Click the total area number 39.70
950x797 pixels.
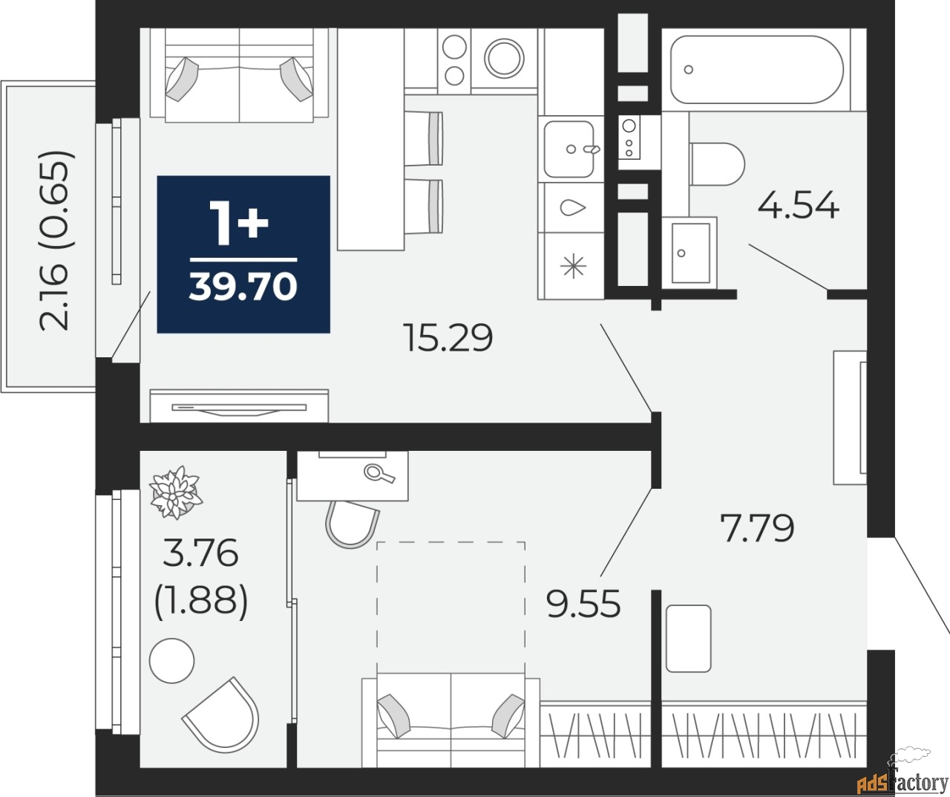coord(243,287)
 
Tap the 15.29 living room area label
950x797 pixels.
coord(448,338)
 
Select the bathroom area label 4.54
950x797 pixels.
coord(798,205)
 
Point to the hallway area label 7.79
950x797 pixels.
coord(757,528)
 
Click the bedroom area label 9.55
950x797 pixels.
coord(583,604)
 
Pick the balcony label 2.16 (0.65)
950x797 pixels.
coord(56,240)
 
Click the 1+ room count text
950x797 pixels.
coord(238,222)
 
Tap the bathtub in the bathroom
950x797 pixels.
coord(756,70)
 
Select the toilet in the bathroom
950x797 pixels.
coord(716,164)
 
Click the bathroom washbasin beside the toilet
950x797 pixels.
coord(689,252)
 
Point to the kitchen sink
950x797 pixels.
coord(569,149)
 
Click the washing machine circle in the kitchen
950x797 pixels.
coord(504,57)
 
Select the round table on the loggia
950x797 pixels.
coord(171,660)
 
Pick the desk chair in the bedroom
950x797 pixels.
coord(352,523)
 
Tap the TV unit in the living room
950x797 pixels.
coord(239,406)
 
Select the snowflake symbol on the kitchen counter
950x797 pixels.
coord(573,266)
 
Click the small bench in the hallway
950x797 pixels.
coord(688,638)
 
